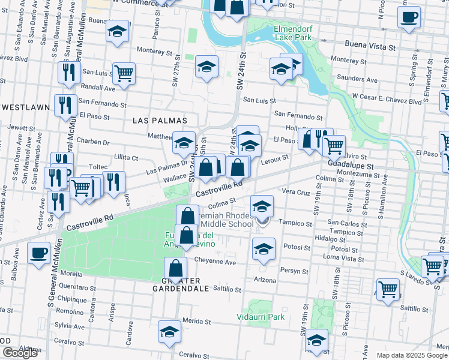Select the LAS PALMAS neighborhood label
click(x=155, y=120)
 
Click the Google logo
click(x=20, y=353)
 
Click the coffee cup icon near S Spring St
click(x=409, y=17)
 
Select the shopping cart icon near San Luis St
click(x=124, y=74)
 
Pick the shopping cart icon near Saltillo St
click(x=388, y=289)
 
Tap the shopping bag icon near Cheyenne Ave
click(x=175, y=268)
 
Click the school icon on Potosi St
click(x=264, y=248)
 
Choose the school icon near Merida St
click(x=169, y=331)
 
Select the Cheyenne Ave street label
click(x=215, y=262)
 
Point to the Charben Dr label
click(x=93, y=142)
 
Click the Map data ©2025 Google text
click(x=412, y=355)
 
